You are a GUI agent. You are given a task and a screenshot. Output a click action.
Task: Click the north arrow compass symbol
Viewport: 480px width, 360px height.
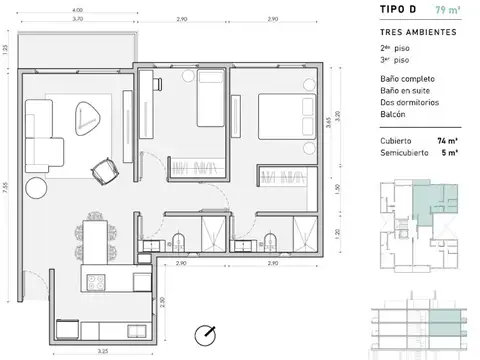tap(206, 333)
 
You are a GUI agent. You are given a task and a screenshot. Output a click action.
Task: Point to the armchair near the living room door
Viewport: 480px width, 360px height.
tap(104, 171)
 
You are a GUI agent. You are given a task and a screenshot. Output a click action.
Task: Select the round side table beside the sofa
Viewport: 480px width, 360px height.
tap(37, 186)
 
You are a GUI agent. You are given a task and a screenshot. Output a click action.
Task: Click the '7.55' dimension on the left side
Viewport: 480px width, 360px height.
tap(8, 190)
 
